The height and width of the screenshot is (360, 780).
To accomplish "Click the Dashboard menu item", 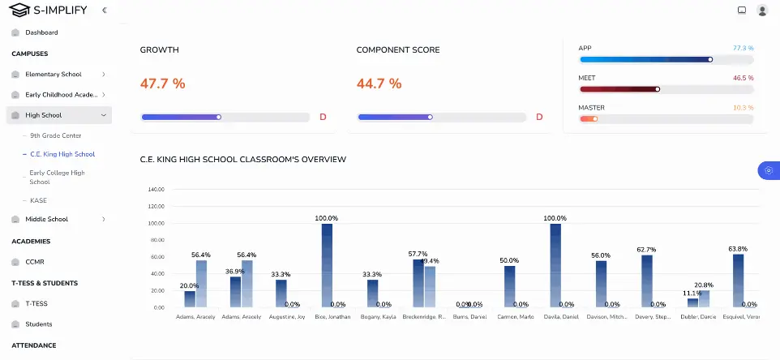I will click(x=41, y=32).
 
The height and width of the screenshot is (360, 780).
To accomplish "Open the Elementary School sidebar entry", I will click(x=53, y=74).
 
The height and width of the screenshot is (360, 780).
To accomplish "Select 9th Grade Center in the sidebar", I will click(x=55, y=135).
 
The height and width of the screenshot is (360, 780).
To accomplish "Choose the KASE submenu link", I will click(x=39, y=200).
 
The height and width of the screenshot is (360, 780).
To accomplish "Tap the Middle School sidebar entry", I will click(x=46, y=219).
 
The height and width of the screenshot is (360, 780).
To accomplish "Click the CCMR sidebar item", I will click(x=34, y=262).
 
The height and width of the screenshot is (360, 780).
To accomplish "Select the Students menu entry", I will click(x=38, y=324).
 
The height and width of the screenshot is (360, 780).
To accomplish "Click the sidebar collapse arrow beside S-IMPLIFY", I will click(x=104, y=10).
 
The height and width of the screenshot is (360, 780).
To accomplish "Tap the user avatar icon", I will click(x=762, y=11).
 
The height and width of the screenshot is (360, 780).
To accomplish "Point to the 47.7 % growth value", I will click(x=162, y=83).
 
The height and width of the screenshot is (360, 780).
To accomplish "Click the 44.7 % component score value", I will click(x=379, y=83).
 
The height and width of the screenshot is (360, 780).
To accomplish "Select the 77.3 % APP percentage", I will click(x=743, y=49).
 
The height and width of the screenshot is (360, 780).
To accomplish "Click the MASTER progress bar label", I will click(x=591, y=108).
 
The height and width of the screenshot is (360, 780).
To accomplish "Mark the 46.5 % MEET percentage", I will click(x=743, y=78).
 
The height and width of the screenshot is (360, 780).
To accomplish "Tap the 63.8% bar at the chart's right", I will click(x=738, y=281).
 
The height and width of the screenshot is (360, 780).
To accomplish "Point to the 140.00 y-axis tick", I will click(x=156, y=190).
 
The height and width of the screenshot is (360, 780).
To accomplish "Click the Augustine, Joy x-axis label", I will click(x=287, y=316).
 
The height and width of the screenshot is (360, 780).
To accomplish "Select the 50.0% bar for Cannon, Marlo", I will click(x=509, y=286).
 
